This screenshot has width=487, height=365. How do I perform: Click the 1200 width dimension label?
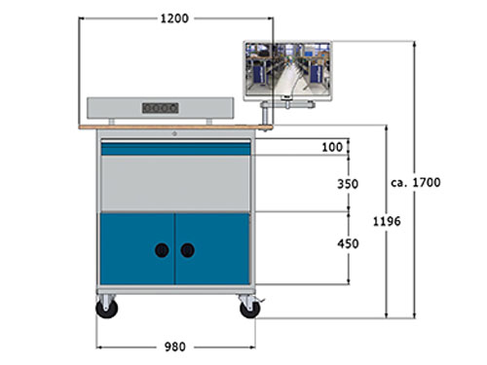pos(174,18)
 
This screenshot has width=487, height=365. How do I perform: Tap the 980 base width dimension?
pos(175,347)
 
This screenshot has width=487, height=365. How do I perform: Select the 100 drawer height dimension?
pos(332,147)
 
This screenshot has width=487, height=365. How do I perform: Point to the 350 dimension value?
pos(348,184)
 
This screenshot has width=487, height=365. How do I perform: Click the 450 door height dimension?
pos(348,243)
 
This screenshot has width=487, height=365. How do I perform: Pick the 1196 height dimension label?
pos(387,222)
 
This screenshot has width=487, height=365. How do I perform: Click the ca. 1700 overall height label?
pos(416,182)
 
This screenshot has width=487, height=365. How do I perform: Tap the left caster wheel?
pos(107,309)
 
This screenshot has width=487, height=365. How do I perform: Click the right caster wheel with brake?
pos(249,309)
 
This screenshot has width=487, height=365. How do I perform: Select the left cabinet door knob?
pos(162,250)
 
